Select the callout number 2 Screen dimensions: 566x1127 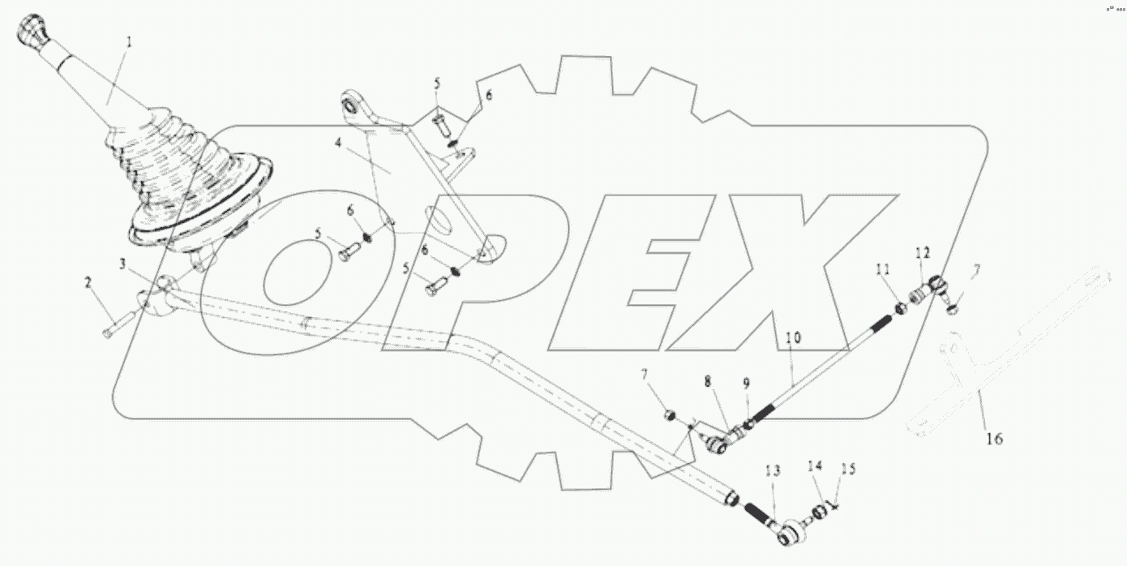(x=88, y=282)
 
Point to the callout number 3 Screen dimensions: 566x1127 (x=122, y=264)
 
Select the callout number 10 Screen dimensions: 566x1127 (x=793, y=334)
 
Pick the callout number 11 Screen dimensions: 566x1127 (x=882, y=268)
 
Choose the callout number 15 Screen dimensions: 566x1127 (x=847, y=469)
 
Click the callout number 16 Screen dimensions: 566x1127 (x=994, y=439)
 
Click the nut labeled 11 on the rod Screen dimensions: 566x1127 (x=900, y=308)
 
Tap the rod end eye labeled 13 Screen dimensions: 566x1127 (x=785, y=534)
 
